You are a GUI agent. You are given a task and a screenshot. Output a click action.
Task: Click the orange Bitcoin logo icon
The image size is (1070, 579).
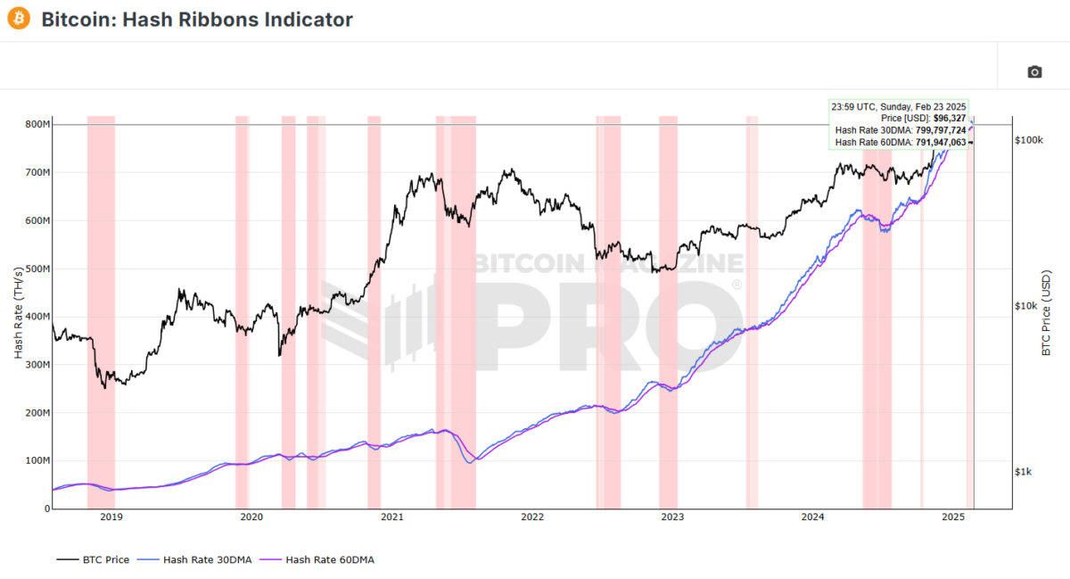20,20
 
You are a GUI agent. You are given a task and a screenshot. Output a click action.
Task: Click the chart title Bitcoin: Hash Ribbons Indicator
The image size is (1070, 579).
197,20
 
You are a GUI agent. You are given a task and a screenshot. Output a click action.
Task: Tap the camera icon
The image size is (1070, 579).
1034,71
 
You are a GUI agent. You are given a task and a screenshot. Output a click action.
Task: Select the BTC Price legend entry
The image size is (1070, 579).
93,559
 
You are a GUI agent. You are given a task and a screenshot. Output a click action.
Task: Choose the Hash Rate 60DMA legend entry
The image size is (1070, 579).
320,559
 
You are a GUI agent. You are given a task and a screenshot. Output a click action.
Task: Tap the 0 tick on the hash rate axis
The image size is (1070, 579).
45,509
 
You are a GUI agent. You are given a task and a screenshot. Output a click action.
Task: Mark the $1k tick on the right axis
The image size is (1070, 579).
1025,472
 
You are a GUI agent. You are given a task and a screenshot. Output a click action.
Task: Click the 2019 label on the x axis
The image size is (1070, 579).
111,517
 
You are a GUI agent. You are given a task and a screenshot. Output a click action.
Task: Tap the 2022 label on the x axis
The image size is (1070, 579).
532,517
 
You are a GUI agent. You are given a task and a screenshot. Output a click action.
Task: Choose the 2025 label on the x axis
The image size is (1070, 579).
953,517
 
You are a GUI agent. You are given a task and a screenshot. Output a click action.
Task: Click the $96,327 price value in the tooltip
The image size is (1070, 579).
948,119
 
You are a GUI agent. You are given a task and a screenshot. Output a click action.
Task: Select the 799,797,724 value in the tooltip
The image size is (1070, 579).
928,130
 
